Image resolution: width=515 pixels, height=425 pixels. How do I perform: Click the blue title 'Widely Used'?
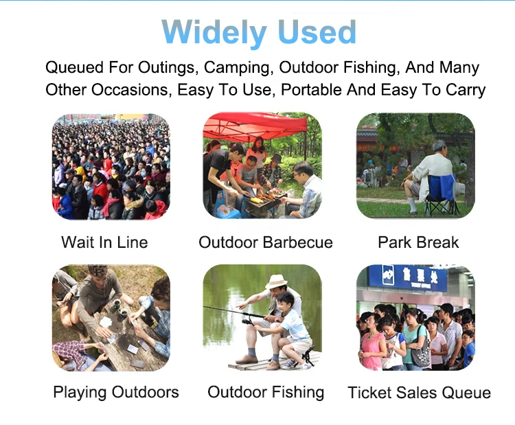coord(260,32)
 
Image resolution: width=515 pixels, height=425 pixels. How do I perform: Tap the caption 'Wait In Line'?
coord(104,242)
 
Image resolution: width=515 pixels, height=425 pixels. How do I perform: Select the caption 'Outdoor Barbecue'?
coord(266,242)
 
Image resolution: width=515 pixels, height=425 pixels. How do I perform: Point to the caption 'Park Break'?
coord(418,242)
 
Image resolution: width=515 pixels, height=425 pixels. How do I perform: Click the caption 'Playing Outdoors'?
coord(116,392)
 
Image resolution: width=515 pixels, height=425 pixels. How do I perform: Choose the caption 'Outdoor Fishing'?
coord(266,392)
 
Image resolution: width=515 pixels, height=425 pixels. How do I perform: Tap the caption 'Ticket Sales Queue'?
coord(419,393)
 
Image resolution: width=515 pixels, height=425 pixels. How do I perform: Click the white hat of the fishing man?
coord(277,282)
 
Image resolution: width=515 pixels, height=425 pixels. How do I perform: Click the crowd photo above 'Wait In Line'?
coord(111,167)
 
